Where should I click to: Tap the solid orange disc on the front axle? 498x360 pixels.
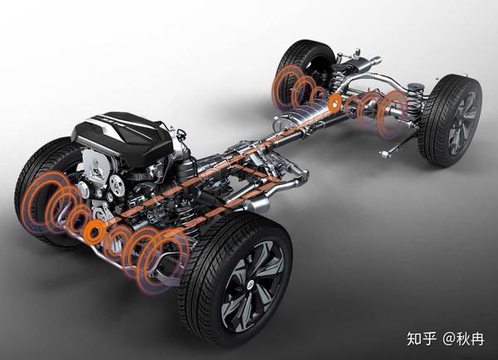tap(95, 230)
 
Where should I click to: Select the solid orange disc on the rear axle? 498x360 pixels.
tap(334, 102)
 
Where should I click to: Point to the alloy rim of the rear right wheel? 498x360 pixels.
tap(463, 123)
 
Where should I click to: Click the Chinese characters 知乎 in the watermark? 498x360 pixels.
tap(422, 338)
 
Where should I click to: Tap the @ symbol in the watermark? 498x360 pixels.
tap(449, 338)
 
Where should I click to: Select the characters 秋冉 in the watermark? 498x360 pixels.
tap(471, 338)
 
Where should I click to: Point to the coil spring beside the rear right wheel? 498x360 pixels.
tap(414, 102)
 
